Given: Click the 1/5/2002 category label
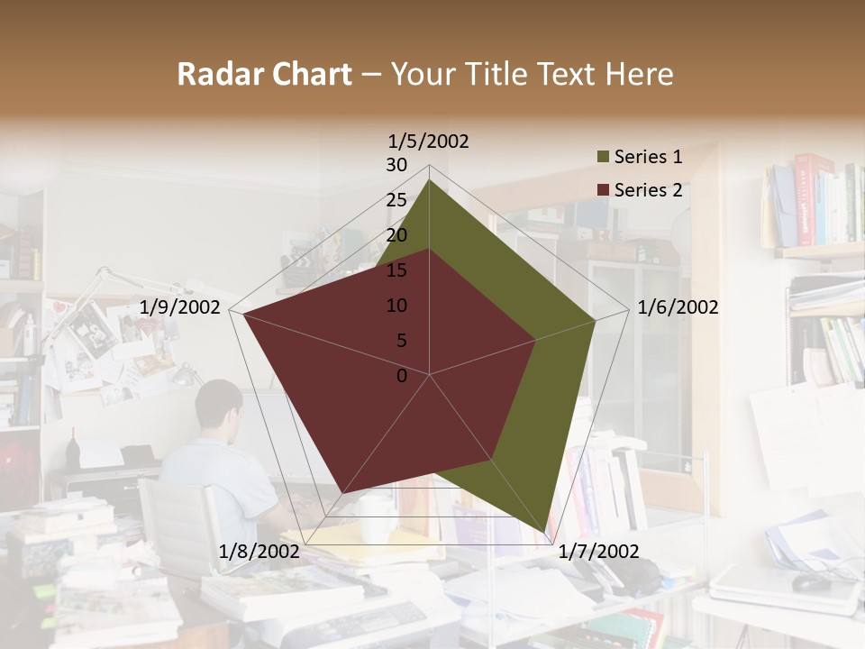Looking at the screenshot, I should [428, 142].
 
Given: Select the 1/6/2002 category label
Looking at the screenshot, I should [678, 308].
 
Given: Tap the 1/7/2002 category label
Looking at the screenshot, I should [598, 552].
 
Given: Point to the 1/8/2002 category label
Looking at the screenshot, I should [259, 552].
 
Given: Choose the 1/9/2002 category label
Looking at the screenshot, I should [180, 308].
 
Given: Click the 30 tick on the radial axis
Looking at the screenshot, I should [396, 165].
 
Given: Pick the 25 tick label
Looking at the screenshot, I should [396, 200].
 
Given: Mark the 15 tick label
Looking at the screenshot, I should [396, 270].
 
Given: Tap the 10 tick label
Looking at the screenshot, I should [396, 306].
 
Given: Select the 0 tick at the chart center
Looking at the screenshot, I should [402, 376].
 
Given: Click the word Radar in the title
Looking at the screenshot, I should [216, 74].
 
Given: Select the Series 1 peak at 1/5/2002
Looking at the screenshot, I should [429, 180].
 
